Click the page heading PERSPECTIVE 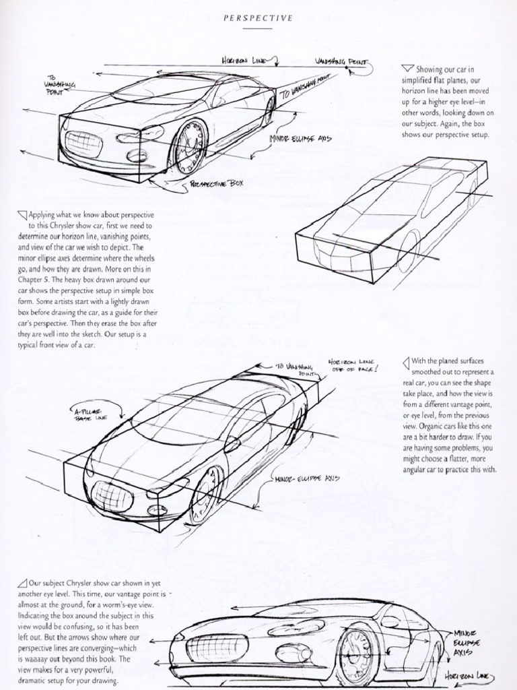click(x=258, y=18)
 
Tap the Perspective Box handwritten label click(x=217, y=183)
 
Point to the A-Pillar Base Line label click(x=91, y=414)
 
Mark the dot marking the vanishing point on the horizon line click(x=347, y=68)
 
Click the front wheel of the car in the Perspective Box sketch click(x=189, y=147)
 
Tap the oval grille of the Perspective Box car click(x=83, y=143)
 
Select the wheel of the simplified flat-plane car click(x=408, y=251)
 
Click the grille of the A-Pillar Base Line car click(x=111, y=497)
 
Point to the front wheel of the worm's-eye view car click(x=357, y=655)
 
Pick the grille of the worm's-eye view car click(x=217, y=648)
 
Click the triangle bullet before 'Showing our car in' click(x=407, y=68)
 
